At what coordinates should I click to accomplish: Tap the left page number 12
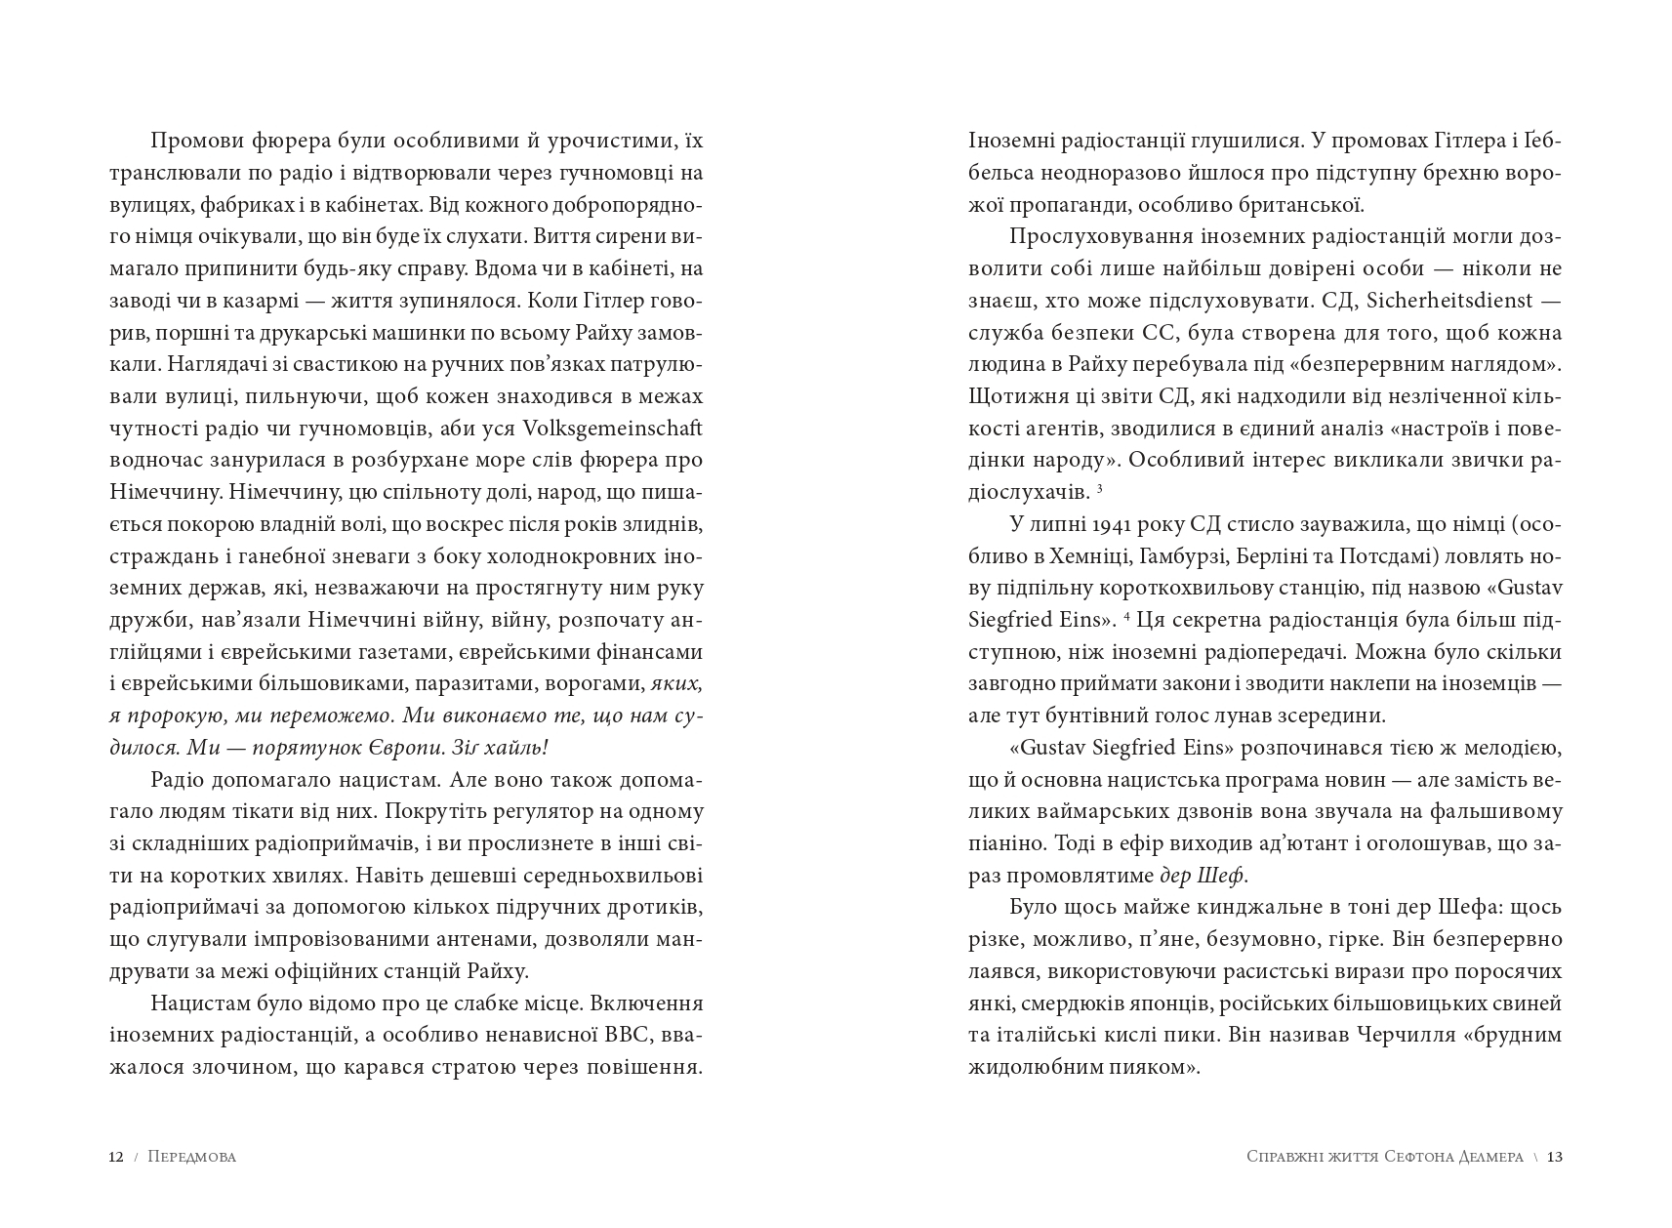(115, 1157)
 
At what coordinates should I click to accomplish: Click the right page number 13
(1555, 1157)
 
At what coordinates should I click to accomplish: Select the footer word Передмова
(192, 1157)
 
